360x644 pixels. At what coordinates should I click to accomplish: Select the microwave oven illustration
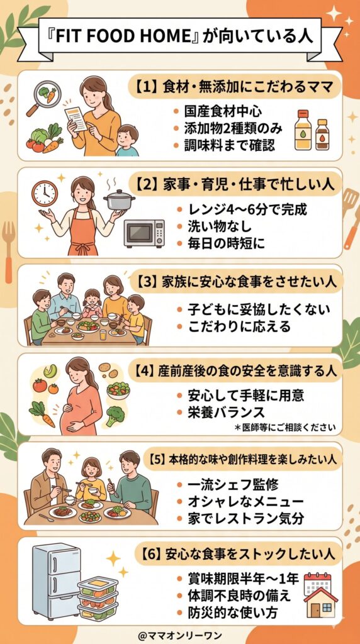[143, 233]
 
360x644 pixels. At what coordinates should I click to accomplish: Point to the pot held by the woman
[120, 200]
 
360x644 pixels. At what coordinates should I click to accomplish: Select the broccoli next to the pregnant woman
[115, 416]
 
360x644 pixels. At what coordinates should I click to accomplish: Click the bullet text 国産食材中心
[218, 112]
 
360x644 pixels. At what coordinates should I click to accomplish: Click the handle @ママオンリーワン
[179, 634]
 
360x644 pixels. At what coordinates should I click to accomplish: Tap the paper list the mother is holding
[76, 118]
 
